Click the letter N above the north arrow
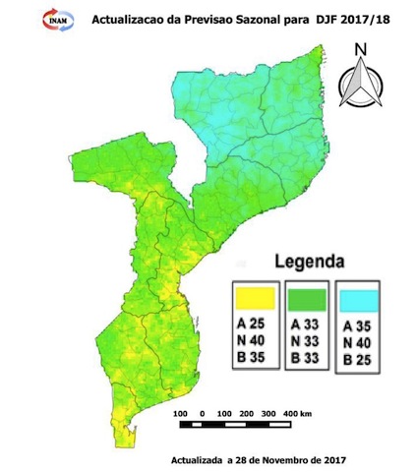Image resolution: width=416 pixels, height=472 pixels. pos(361,49)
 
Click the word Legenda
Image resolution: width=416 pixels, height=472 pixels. pos(309,263)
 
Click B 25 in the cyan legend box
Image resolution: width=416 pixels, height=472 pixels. pos(359,360)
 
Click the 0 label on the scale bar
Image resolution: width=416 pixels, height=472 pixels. pos(201,412)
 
